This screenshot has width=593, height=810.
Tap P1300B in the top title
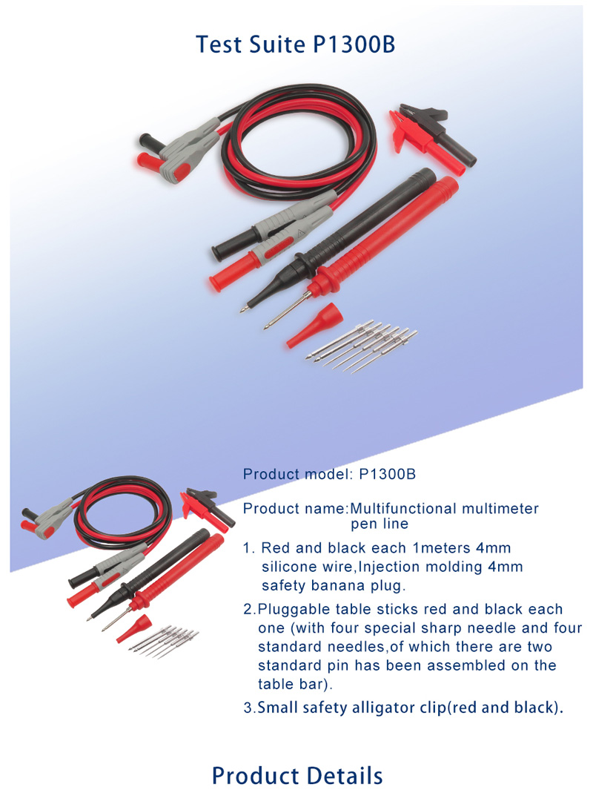354,44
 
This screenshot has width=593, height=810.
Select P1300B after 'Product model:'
387,474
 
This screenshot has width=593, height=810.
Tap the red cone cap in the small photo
133,628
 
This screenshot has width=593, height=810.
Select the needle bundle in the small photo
164,641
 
